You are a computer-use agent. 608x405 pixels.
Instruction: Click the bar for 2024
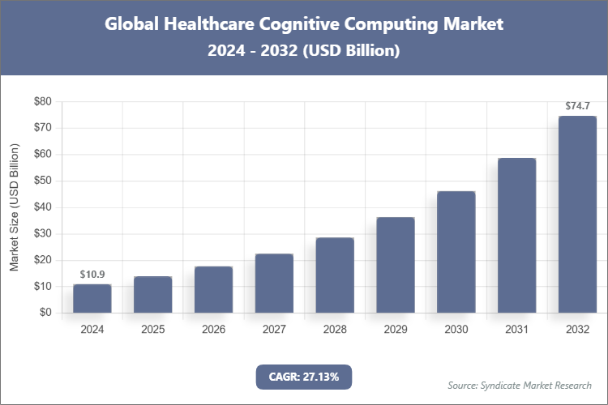pos(92,298)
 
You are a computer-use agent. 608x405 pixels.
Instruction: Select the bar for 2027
pos(274,283)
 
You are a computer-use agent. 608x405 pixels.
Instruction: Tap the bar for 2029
pos(396,265)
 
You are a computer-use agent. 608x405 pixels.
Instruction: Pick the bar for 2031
pos(517,235)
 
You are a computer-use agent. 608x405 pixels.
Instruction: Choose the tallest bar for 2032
pos(577,214)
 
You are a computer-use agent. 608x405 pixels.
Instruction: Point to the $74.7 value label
pos(577,106)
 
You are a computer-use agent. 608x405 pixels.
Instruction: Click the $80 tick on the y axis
pos(42,101)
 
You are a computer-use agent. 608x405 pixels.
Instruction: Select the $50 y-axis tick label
pos(42,181)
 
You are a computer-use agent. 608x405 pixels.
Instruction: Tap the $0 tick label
pos(45,313)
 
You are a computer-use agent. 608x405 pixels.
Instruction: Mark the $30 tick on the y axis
pos(42,233)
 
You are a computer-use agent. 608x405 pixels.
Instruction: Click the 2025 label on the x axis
pos(152,330)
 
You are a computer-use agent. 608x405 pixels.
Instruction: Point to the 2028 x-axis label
pos(335,330)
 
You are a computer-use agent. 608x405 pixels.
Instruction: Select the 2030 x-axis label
pos(456,330)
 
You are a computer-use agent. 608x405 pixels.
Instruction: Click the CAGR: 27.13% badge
pos(304,376)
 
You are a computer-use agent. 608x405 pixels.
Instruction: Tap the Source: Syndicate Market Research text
pos(519,385)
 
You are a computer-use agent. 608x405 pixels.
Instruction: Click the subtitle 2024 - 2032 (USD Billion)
pos(304,50)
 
